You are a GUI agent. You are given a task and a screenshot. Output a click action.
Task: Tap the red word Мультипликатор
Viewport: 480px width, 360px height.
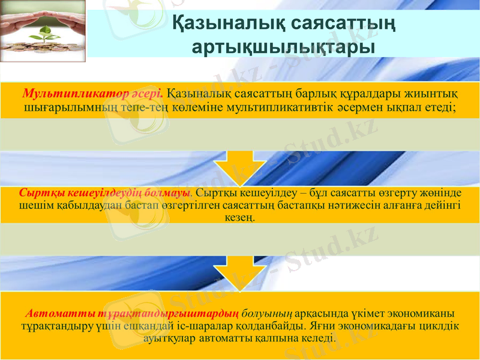(x=66, y=94)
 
